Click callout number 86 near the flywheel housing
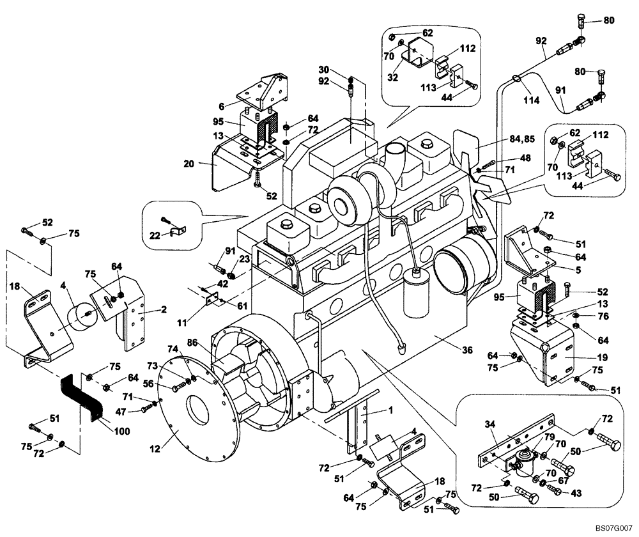pyautogui.click(x=193, y=343)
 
